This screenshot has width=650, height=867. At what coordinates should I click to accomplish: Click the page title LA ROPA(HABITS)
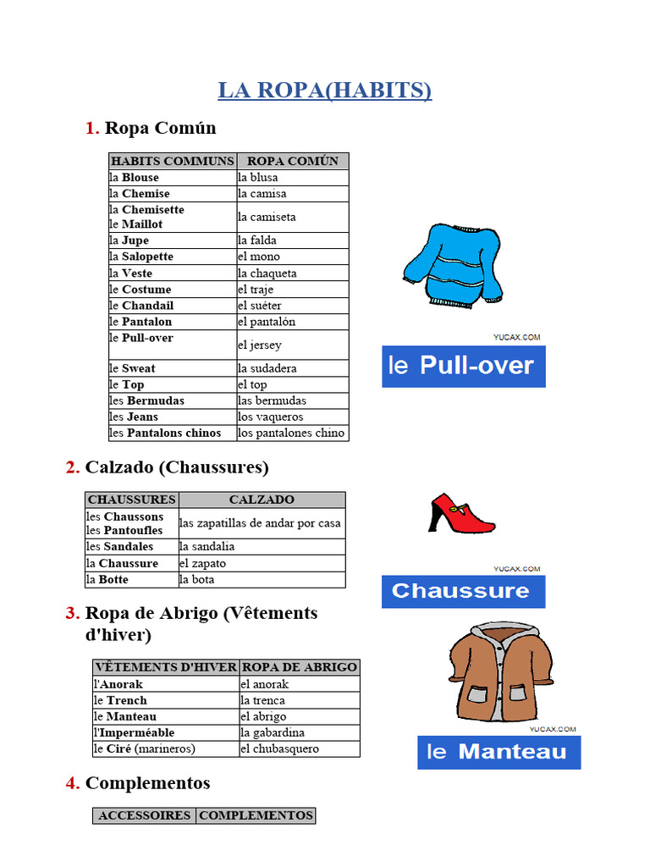(x=324, y=91)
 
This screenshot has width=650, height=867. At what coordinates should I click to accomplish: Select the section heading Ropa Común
(x=160, y=128)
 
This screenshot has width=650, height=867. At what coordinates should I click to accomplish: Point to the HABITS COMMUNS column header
(x=173, y=161)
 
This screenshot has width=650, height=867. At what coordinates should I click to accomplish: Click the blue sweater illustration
(x=453, y=265)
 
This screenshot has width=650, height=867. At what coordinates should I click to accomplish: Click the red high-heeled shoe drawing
(x=461, y=513)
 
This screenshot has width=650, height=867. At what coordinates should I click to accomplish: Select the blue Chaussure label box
(x=463, y=591)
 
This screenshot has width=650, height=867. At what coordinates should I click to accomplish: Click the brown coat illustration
(x=499, y=672)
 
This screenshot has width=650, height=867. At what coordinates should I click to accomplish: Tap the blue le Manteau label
(x=499, y=752)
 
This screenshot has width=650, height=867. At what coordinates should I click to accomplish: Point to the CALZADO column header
(x=262, y=500)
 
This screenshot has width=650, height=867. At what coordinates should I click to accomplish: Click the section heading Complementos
(x=147, y=783)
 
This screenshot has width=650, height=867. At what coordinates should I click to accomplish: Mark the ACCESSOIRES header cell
(x=145, y=815)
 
